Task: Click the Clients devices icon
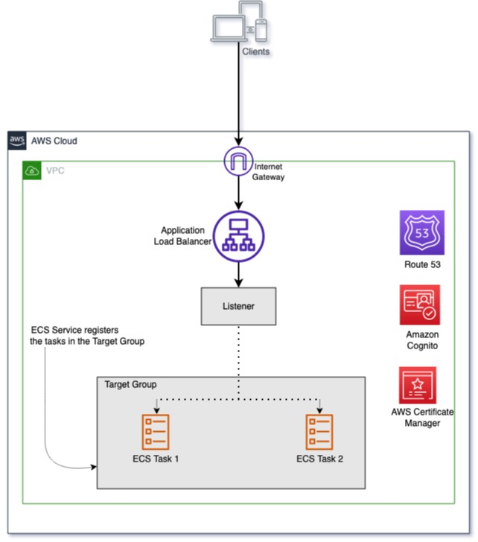(x=239, y=22)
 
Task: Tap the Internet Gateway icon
(x=238, y=161)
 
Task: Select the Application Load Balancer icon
(x=238, y=237)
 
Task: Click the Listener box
(x=238, y=306)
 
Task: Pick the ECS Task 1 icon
(x=156, y=432)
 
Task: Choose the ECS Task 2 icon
(x=319, y=432)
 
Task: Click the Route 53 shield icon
(x=422, y=232)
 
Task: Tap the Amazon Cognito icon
(x=420, y=305)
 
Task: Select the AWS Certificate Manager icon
(x=418, y=385)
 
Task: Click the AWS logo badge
(x=17, y=141)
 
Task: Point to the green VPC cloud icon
(x=32, y=170)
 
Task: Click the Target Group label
(x=130, y=384)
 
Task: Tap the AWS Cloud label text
(x=54, y=141)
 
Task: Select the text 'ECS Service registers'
(x=74, y=330)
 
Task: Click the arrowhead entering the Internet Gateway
(x=238, y=141)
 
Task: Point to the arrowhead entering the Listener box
(x=238, y=283)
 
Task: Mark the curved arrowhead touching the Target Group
(x=94, y=467)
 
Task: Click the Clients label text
(x=256, y=51)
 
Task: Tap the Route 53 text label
(x=422, y=264)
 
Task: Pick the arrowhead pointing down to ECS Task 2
(x=319, y=410)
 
